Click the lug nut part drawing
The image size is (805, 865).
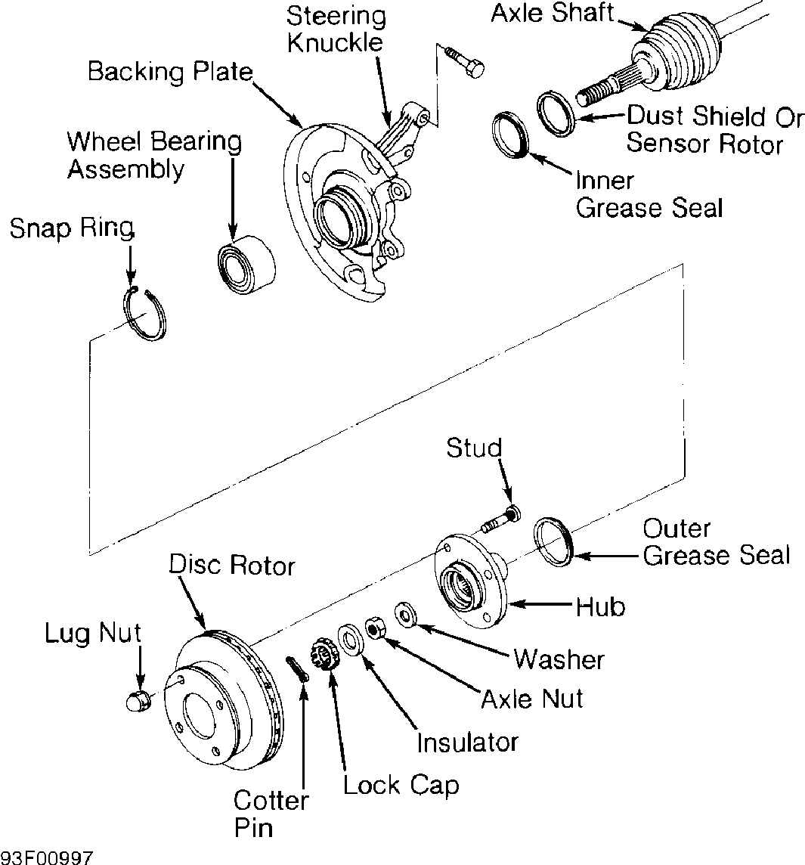138,701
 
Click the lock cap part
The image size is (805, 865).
325,653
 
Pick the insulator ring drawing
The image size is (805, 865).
350,640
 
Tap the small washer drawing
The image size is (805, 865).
405,613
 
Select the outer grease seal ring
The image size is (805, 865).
555,541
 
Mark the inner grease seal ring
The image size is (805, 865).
509,135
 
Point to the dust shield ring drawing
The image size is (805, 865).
557,114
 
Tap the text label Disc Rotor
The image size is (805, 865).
231,565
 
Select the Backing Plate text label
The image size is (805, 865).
169,73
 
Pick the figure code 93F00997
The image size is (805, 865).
47,857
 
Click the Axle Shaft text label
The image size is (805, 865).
552,14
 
